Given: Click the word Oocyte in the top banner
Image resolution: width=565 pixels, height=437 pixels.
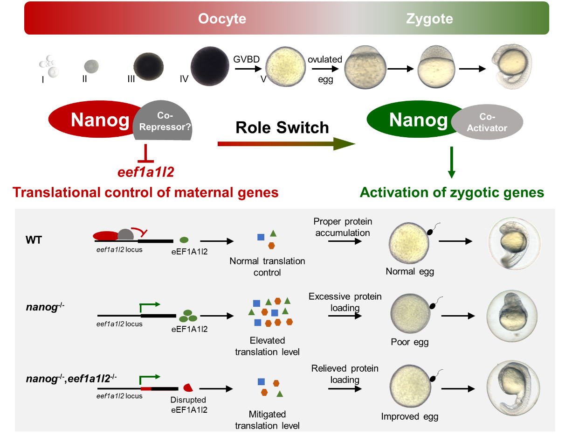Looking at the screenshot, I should pos(222,19).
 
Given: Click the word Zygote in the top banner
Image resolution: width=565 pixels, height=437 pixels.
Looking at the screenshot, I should pos(429,19).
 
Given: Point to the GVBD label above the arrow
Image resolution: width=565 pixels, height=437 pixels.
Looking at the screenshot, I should pos(247,59).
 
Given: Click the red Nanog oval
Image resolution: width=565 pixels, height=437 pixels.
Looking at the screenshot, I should pos(93,120).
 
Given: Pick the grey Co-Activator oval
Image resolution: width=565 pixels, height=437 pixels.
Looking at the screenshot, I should pos(487,123).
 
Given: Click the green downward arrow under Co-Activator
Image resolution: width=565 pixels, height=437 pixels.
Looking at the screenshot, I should pos(451,163).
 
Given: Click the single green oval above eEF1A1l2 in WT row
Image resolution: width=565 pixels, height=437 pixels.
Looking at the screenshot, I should pos(184,240).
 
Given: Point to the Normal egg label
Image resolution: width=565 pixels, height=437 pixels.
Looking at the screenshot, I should pos(410,271).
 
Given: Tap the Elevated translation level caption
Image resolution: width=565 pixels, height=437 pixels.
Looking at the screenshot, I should pos(267,346).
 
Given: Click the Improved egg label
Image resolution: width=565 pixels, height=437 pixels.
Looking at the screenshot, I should pos(410,416).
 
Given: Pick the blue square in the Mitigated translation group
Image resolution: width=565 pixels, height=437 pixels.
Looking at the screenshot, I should pos(261,382).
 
